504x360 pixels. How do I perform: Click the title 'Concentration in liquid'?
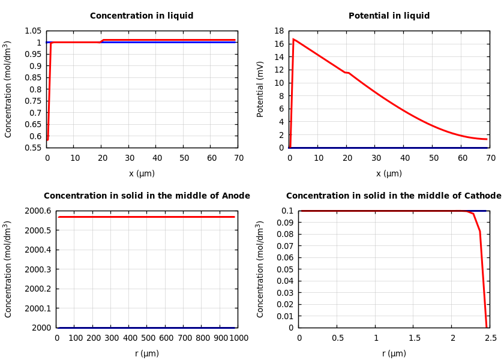pos(142,16)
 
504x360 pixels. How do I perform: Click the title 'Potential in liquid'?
pos(389,16)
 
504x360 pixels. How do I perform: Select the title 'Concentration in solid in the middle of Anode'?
pos(147,196)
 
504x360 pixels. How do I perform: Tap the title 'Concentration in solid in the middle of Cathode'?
pos(394,196)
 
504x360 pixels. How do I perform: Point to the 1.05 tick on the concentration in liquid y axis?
pos(32,31)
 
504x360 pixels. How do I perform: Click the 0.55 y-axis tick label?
pos(32,148)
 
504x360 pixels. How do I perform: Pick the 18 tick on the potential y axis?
pos(278,31)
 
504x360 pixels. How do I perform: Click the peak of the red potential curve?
pos(293,39)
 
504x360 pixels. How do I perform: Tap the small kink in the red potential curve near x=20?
pos(347,73)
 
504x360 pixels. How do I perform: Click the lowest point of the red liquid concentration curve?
pos(47,139)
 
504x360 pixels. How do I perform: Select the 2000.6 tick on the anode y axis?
pos(37,211)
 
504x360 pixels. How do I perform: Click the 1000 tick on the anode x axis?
pos(238,338)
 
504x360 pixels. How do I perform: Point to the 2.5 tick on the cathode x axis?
pos(491,338)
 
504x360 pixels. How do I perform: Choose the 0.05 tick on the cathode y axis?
pos(289,269)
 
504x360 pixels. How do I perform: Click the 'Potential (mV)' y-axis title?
pos(260,89)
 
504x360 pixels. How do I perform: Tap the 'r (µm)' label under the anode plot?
pos(147,354)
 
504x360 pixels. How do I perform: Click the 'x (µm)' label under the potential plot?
pos(389,174)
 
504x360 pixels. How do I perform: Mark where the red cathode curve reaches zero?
pos(487,327)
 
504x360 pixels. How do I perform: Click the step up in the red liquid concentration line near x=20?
pos(102,41)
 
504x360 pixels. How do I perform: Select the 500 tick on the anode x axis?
pos(147,338)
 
